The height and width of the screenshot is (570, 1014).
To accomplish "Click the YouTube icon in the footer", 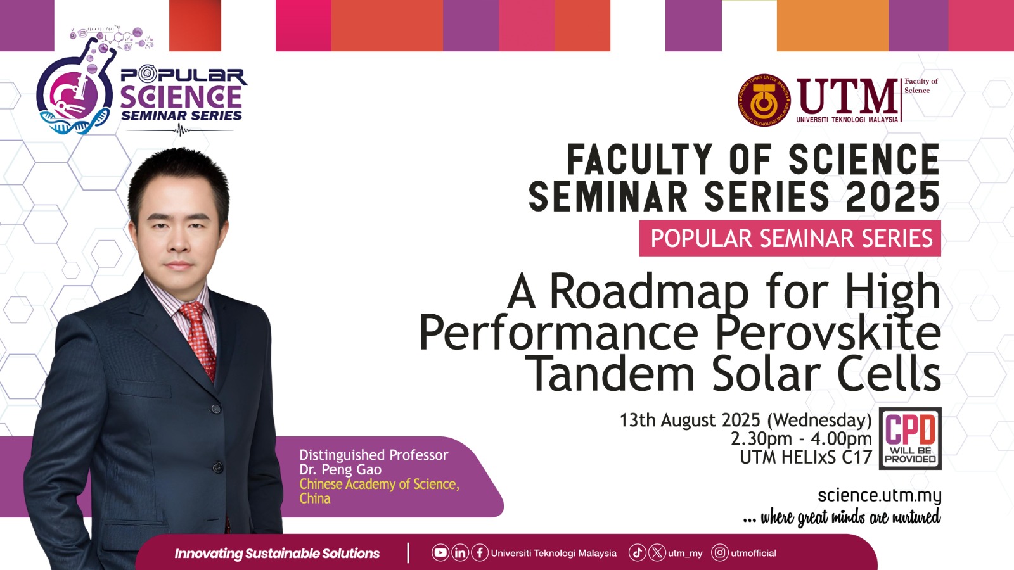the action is pyautogui.click(x=440, y=553).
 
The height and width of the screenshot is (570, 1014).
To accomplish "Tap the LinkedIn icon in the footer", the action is pyautogui.click(x=460, y=553).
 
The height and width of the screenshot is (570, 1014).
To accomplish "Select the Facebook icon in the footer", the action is pyautogui.click(x=480, y=553).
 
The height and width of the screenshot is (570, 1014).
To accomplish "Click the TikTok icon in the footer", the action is pyautogui.click(x=638, y=553).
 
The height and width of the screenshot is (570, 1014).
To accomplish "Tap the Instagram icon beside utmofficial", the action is pyautogui.click(x=720, y=553).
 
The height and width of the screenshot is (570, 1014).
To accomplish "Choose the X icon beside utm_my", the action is pyautogui.click(x=657, y=553).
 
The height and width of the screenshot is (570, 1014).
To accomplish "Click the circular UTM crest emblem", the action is pyautogui.click(x=764, y=100).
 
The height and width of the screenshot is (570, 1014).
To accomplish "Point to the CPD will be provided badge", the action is pyautogui.click(x=910, y=438).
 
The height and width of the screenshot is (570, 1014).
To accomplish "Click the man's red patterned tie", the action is pyautogui.click(x=199, y=339).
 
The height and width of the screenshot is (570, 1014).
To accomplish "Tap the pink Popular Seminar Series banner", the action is pyautogui.click(x=790, y=238).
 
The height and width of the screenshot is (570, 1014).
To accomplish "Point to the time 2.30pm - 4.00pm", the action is pyautogui.click(x=801, y=439).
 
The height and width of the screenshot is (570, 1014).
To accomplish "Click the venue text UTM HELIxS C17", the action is pyautogui.click(x=806, y=457).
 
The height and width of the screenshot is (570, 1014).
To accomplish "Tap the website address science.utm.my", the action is pyautogui.click(x=880, y=496).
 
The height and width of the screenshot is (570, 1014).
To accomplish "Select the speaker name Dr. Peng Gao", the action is pyautogui.click(x=340, y=469).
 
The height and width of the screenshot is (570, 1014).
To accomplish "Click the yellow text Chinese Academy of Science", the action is pyautogui.click(x=380, y=484).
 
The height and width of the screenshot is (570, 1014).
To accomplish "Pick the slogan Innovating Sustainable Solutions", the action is pyautogui.click(x=277, y=554).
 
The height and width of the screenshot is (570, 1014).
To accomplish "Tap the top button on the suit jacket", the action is pyautogui.click(x=216, y=409).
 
